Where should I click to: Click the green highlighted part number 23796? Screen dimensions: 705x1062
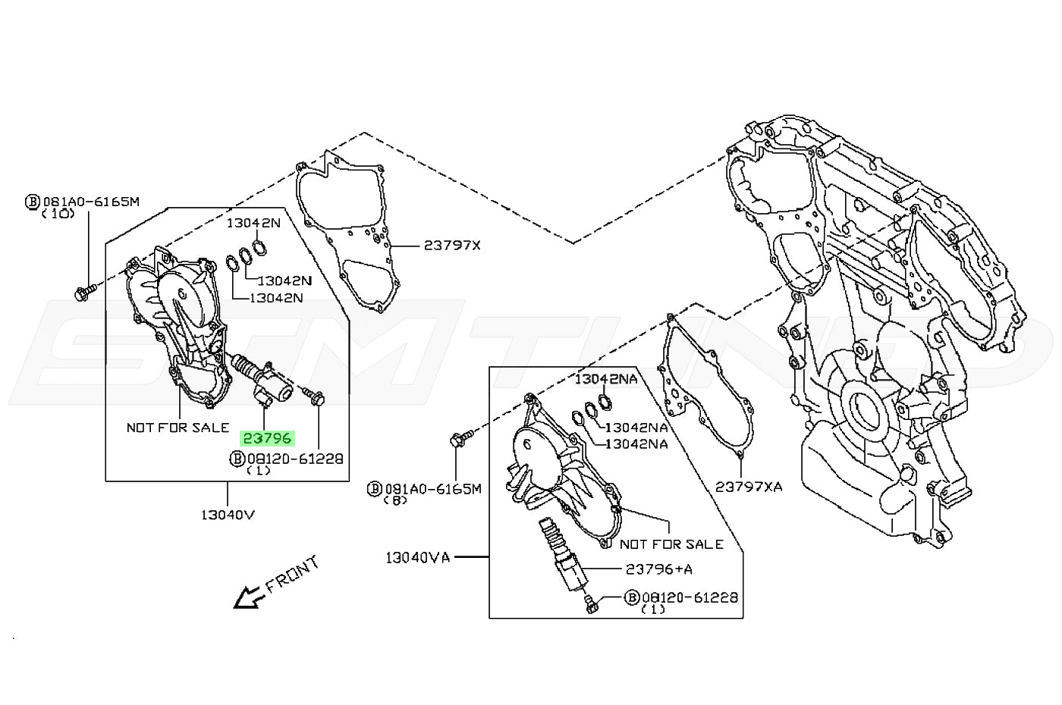coord(266,438)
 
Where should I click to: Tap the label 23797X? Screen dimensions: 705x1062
coord(452,246)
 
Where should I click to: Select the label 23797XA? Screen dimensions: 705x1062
coord(748,486)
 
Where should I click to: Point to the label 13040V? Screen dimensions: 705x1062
coord(228,515)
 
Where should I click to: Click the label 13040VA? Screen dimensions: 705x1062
coord(418,558)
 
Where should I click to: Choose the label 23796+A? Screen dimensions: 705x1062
coord(658,569)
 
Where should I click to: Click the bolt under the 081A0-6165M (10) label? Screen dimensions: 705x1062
coord(85,291)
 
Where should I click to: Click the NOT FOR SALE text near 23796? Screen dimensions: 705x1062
coord(178,428)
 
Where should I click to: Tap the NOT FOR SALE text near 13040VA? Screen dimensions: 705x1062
coord(671,544)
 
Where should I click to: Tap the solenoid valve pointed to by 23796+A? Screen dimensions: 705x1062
coord(566,557)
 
